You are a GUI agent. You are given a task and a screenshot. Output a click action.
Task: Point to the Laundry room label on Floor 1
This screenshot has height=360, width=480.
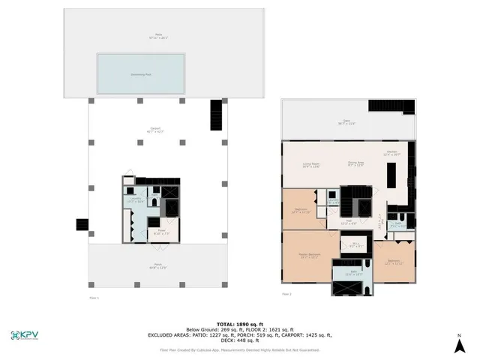pyautogui.click(x=135, y=200)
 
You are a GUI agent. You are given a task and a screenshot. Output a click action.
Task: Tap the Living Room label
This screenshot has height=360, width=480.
pyautogui.click(x=310, y=165)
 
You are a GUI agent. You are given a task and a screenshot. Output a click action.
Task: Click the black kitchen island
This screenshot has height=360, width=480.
pyautogui.click(x=391, y=176)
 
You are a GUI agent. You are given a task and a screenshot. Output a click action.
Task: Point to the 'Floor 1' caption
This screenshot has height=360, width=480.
pyautogui.click(x=94, y=297)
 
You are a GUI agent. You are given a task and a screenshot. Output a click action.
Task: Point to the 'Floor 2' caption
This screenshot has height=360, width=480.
pyautogui.click(x=286, y=294)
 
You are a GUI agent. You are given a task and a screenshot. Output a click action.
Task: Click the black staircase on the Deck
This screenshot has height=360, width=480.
pyautogui.click(x=217, y=114)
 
